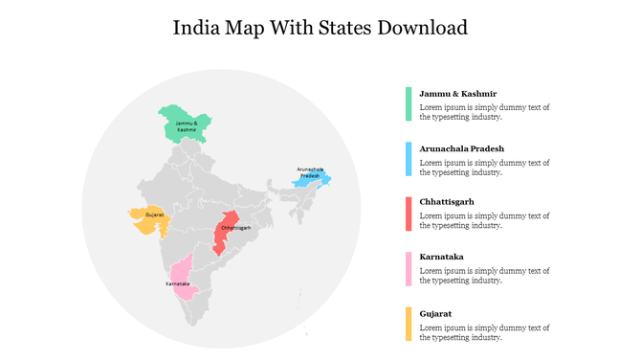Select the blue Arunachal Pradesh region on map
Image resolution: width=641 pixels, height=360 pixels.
[311, 178]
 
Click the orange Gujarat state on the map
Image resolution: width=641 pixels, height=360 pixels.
[150, 221]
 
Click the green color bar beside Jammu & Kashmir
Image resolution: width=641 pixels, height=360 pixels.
[409, 103]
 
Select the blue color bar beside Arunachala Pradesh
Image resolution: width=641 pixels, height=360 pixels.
[409, 159]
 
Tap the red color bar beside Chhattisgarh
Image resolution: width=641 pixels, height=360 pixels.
[409, 214]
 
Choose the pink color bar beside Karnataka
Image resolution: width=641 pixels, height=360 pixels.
[409, 269]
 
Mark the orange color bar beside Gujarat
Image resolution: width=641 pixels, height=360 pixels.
[409, 324]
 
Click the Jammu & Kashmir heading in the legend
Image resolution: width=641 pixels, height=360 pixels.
[458, 94]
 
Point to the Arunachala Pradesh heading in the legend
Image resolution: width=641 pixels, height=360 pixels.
[461, 148]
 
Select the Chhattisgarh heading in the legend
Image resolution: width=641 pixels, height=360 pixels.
[447, 203]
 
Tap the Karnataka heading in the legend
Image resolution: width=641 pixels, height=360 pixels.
[441, 258]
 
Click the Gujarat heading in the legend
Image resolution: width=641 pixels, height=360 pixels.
[435, 313]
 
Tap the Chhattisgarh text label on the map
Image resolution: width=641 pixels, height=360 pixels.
[236, 228]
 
